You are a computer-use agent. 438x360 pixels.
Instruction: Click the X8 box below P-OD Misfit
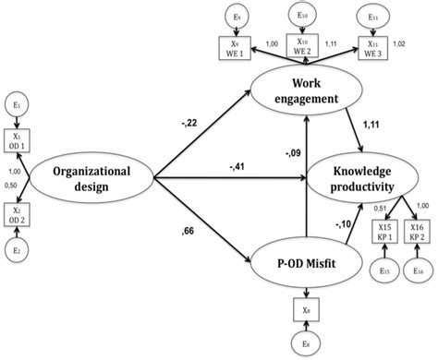304,310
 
